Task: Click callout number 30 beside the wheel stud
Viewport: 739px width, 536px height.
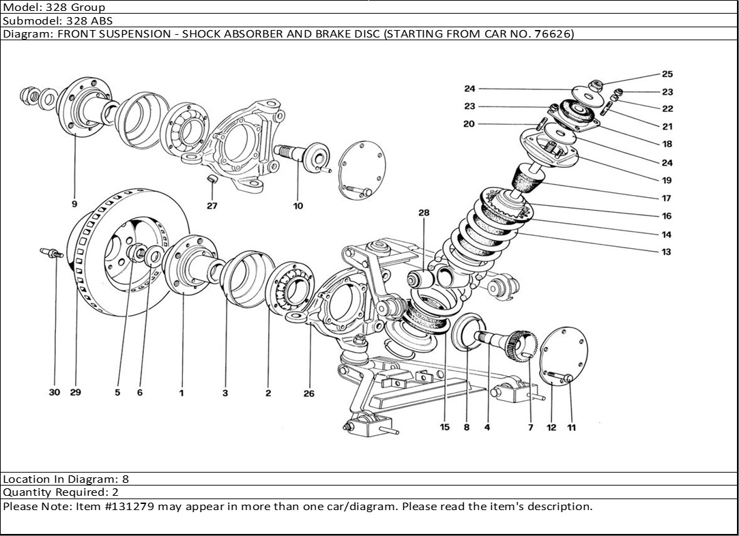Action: tap(55, 392)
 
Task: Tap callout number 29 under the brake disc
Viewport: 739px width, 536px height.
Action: tap(75, 392)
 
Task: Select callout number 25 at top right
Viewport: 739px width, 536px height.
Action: tap(667, 74)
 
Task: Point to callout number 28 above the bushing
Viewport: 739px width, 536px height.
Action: tap(424, 213)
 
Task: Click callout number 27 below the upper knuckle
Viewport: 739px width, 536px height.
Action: tap(212, 206)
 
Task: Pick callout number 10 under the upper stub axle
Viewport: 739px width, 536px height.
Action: tap(298, 206)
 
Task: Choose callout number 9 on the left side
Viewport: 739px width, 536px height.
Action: tap(74, 203)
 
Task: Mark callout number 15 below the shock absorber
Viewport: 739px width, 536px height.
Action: tap(445, 428)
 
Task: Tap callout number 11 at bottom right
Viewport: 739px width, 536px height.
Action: tap(571, 428)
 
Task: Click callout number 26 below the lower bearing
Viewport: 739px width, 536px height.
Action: tap(308, 393)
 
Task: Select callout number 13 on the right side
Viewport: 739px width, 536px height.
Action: tap(666, 252)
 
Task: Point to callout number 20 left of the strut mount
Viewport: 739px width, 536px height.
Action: tap(469, 124)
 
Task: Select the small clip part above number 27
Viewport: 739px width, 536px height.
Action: tap(212, 179)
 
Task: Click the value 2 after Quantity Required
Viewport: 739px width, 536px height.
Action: tap(115, 492)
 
